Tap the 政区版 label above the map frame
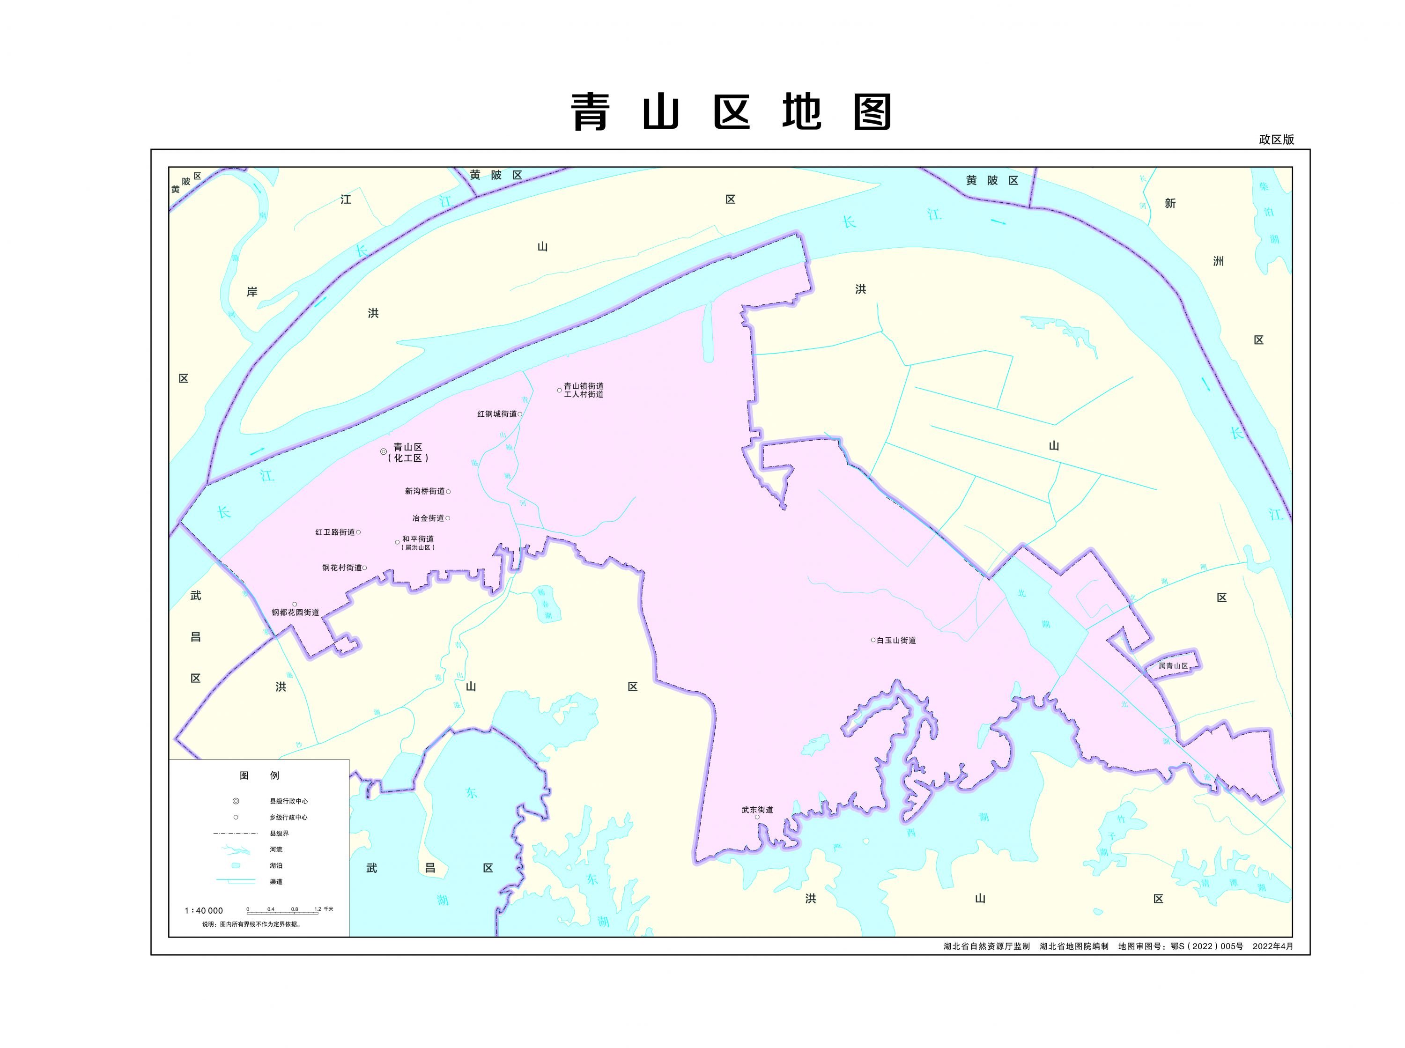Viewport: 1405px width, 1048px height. [1276, 140]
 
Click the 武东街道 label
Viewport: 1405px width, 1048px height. [757, 810]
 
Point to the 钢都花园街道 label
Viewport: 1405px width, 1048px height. [296, 613]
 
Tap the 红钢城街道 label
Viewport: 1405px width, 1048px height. [496, 414]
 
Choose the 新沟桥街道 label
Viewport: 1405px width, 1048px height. [424, 491]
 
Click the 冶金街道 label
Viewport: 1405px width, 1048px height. [428, 518]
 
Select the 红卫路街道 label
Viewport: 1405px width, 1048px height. [335, 532]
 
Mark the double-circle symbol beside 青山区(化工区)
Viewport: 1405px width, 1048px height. [383, 452]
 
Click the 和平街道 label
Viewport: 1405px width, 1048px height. [418, 539]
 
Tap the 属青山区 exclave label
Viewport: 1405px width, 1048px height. [1172, 666]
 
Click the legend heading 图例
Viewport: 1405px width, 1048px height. [259, 775]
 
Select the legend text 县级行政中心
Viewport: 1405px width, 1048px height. [288, 801]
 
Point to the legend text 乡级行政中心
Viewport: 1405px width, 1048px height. [288, 818]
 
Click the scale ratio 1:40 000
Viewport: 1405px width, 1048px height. [204, 910]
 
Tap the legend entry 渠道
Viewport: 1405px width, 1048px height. [276, 882]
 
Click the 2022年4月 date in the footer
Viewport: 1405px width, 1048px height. [1272, 964]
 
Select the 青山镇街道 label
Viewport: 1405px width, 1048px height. [584, 386]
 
